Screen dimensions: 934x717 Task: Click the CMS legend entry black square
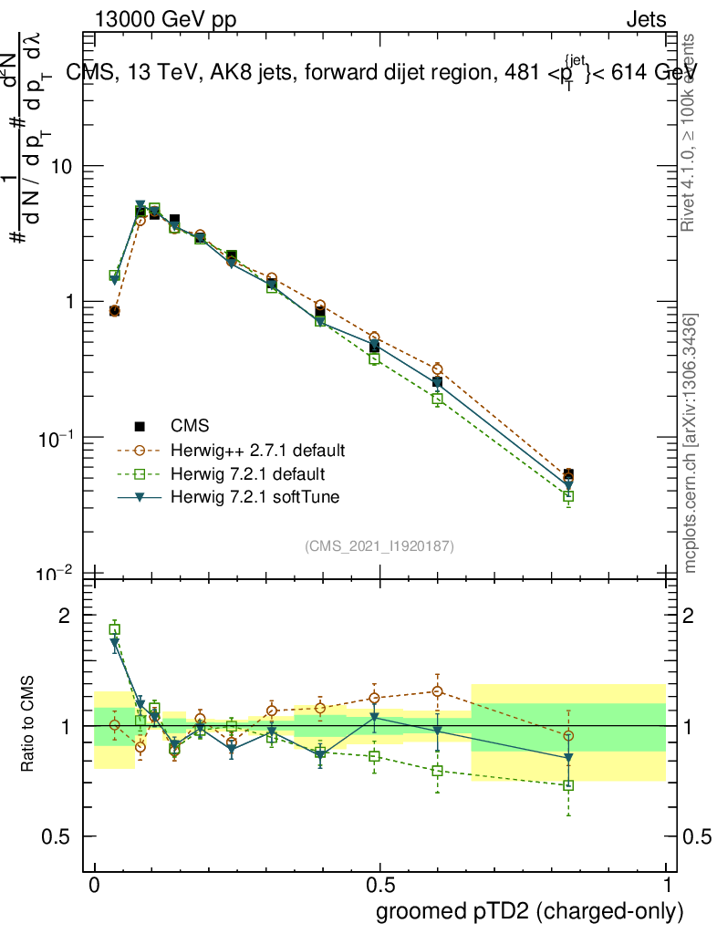(x=140, y=426)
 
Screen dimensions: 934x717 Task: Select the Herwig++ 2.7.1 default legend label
(x=257, y=451)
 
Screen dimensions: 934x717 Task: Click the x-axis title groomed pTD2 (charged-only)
(x=529, y=911)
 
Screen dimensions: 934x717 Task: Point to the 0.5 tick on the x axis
(x=380, y=886)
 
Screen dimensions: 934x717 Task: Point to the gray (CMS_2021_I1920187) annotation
(x=379, y=545)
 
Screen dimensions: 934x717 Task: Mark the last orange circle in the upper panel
(x=568, y=474)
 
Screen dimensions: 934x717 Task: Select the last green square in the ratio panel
(x=568, y=784)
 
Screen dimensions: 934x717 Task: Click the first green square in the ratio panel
(x=115, y=629)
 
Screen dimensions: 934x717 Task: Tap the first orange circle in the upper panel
(x=114, y=311)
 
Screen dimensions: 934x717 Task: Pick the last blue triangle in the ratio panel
(x=568, y=758)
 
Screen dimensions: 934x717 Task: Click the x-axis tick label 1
(x=667, y=886)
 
